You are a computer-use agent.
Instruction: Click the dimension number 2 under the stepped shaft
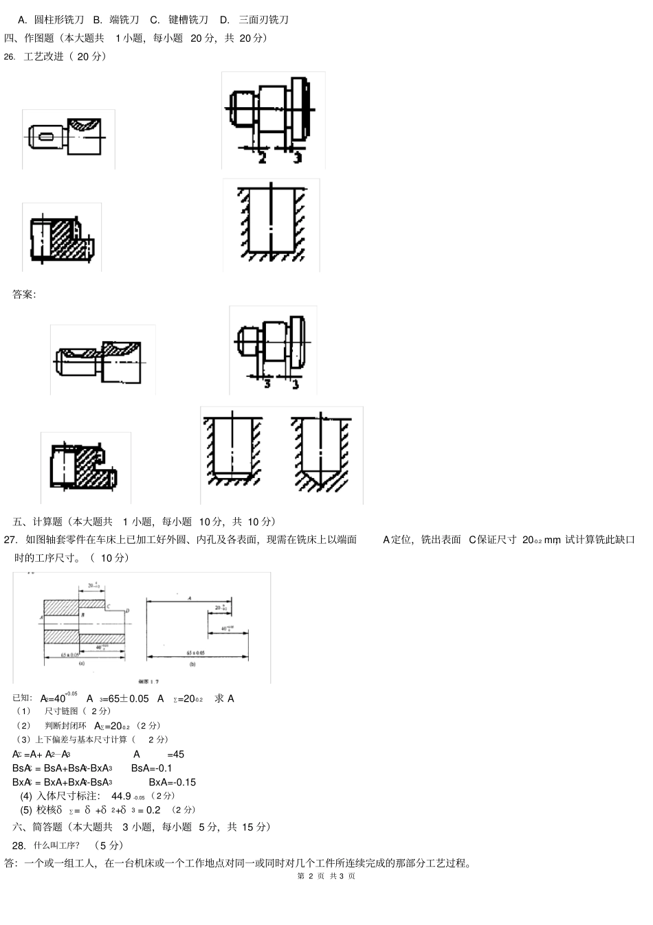(262, 158)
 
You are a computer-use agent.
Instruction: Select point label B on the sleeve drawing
(82, 615)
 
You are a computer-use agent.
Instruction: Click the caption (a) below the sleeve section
(81, 664)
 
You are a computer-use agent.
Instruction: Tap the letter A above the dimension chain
(189, 598)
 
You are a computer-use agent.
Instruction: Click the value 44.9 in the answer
(121, 796)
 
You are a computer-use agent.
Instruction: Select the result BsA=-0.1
(152, 768)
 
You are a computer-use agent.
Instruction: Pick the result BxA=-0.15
(173, 782)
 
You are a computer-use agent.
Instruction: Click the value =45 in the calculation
(175, 754)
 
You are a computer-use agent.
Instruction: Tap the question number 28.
(19, 845)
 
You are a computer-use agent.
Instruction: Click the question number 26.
(9, 57)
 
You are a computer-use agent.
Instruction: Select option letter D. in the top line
(225, 20)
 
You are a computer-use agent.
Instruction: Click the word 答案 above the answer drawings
(24, 295)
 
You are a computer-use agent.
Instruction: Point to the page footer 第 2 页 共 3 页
(326, 876)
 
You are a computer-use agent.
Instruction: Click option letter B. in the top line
(97, 20)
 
